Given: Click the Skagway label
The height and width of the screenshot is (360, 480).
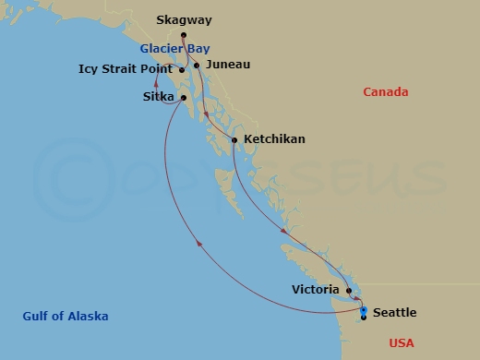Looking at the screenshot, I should (x=184, y=19).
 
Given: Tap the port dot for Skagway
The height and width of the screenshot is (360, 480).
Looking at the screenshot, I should (x=184, y=36).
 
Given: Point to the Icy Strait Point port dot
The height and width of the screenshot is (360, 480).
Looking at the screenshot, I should (x=182, y=69).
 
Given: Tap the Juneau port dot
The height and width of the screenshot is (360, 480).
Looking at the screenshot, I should (x=197, y=65).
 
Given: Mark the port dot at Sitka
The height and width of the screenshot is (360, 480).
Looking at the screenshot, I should (x=185, y=97).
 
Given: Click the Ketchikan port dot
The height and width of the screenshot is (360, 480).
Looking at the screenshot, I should (x=234, y=139).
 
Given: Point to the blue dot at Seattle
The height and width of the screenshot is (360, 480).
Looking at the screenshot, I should (x=364, y=310).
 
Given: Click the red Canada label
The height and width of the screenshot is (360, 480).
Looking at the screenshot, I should (x=385, y=91).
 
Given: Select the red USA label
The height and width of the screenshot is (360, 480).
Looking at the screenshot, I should (x=402, y=342).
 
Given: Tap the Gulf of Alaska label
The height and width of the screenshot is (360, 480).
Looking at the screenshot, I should (x=66, y=317).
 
